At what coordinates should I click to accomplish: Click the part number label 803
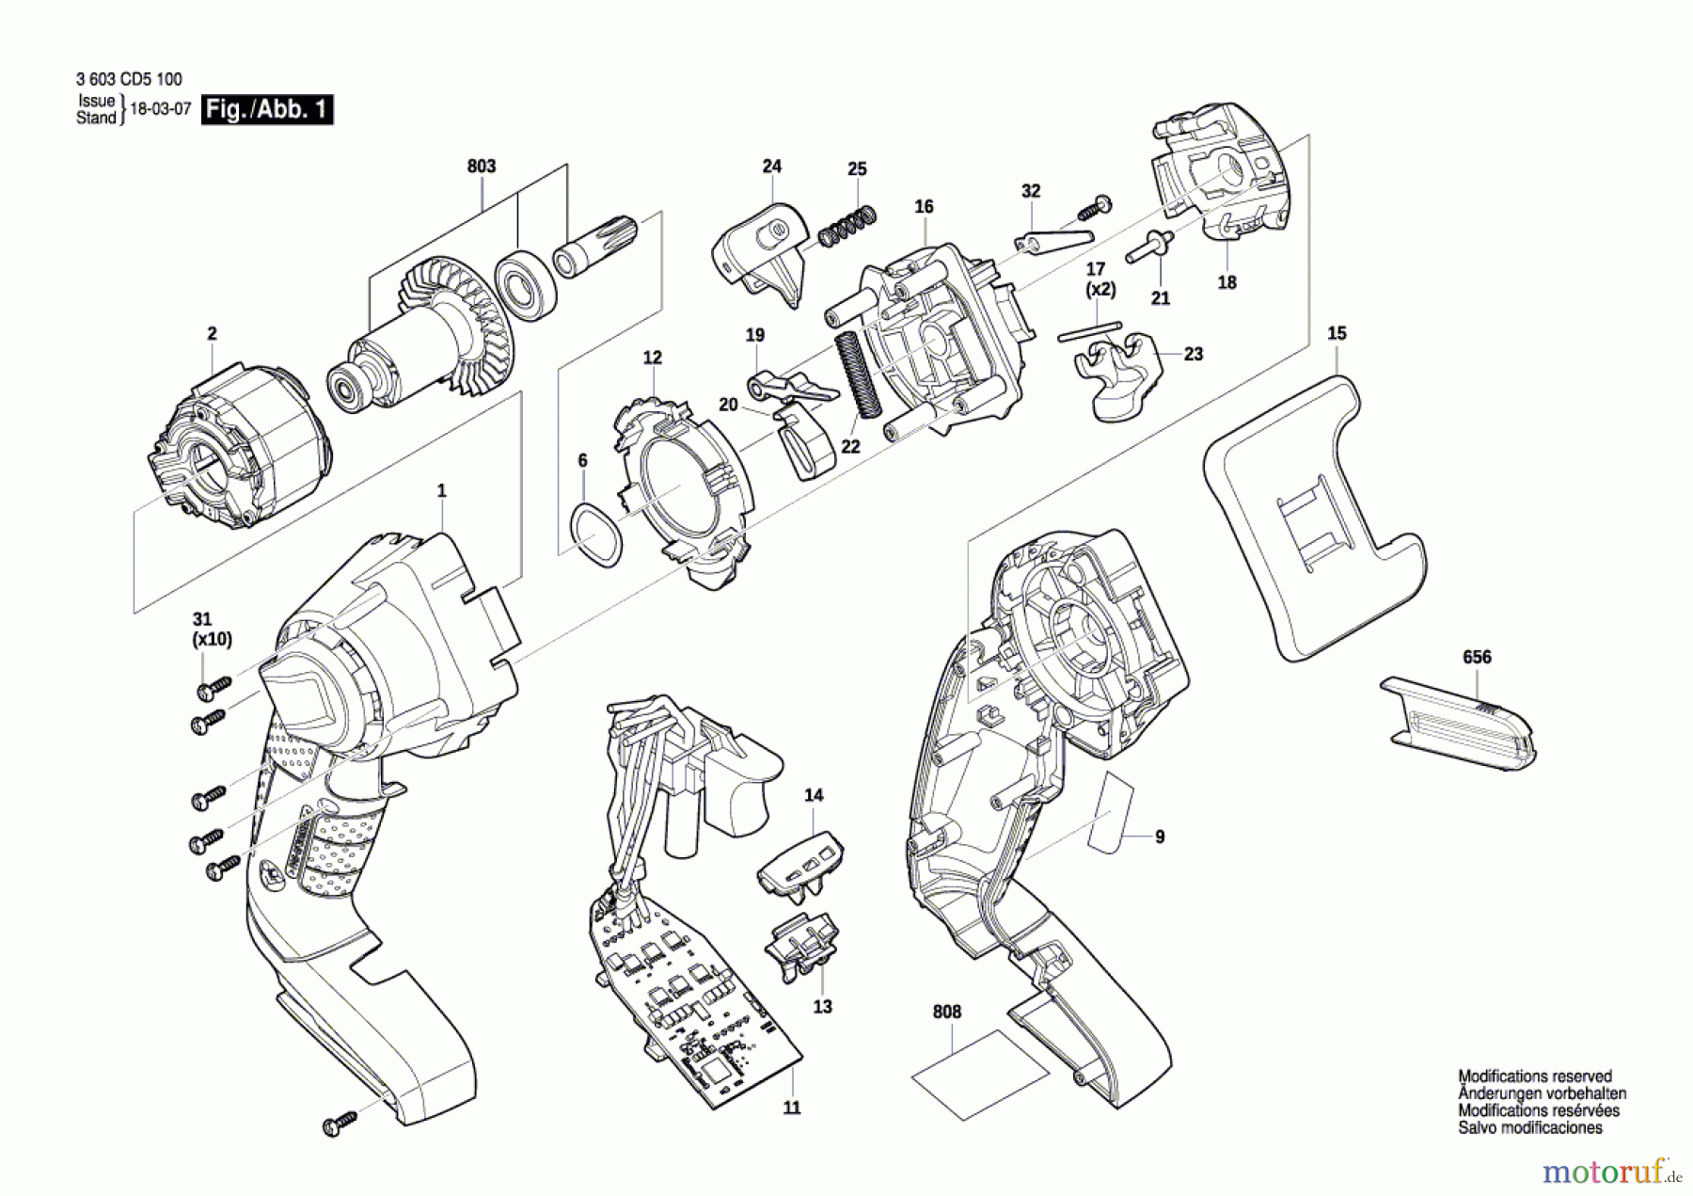[481, 167]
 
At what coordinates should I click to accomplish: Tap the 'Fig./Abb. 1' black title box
[267, 110]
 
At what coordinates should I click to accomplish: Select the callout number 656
[1477, 657]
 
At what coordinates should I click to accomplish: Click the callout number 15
[1337, 333]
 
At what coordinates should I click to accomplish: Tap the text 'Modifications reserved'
[1534, 1076]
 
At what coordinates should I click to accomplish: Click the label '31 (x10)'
[212, 629]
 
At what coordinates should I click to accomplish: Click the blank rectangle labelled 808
[980, 1075]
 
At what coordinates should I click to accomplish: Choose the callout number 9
[1160, 837]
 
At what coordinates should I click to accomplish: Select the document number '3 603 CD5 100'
[129, 80]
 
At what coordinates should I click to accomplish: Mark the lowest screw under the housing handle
[340, 1122]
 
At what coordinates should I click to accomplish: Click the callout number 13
[822, 1007]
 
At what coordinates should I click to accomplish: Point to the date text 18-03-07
[161, 109]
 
